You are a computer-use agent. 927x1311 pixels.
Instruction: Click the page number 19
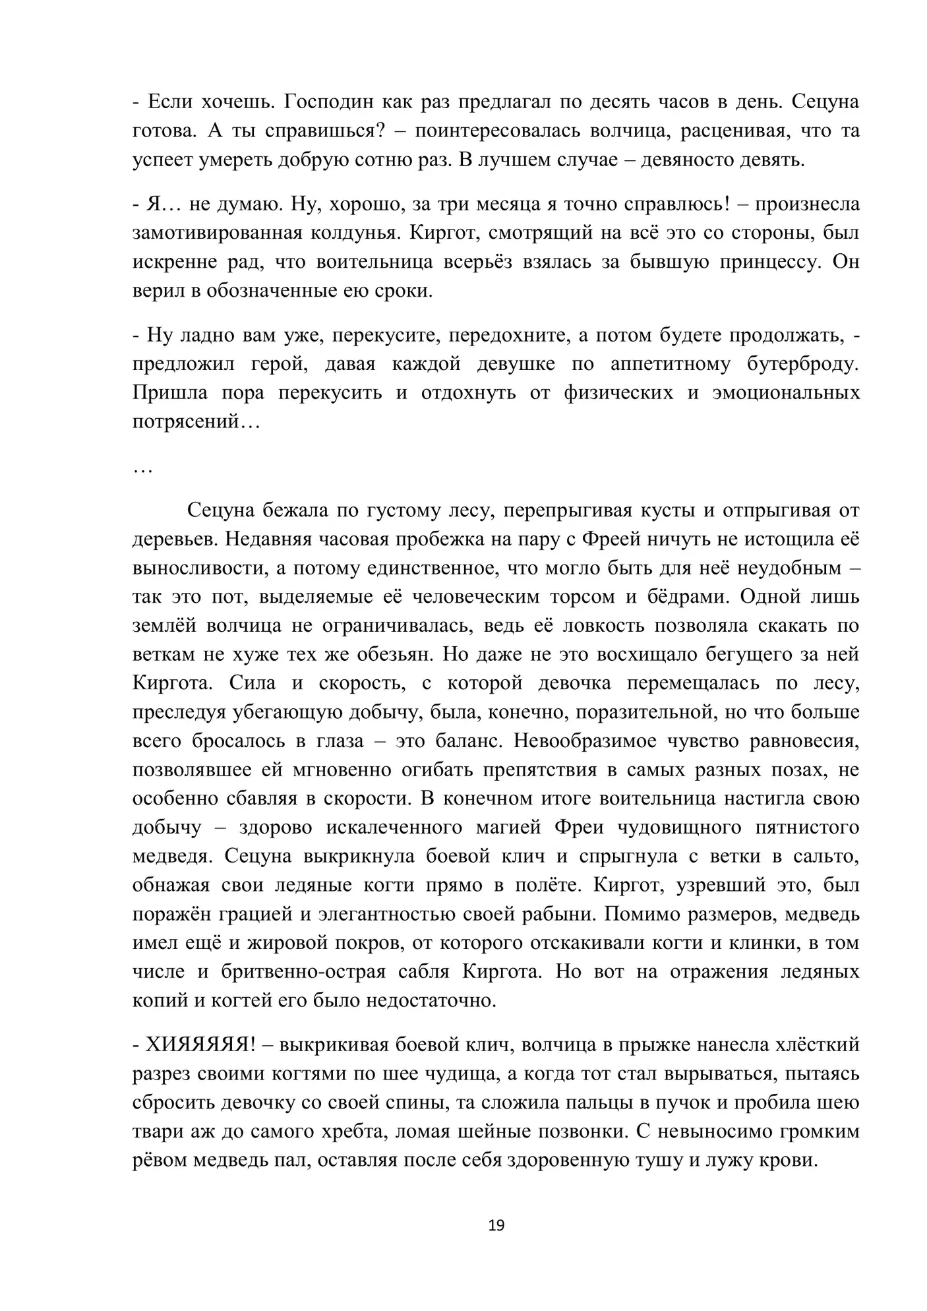click(496, 1225)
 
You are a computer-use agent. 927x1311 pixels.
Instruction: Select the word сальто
click(827, 857)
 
